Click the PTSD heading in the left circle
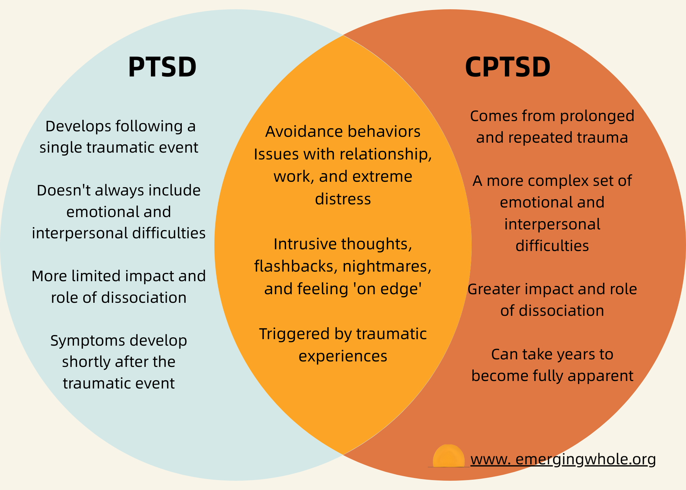point(162,67)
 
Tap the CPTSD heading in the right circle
point(508,67)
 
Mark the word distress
point(343,199)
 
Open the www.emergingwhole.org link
point(563,459)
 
